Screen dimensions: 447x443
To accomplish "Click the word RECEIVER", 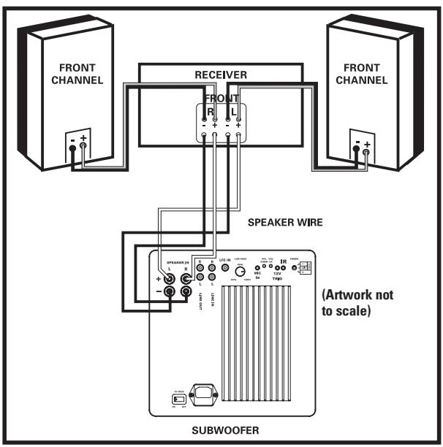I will tap(221, 74).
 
